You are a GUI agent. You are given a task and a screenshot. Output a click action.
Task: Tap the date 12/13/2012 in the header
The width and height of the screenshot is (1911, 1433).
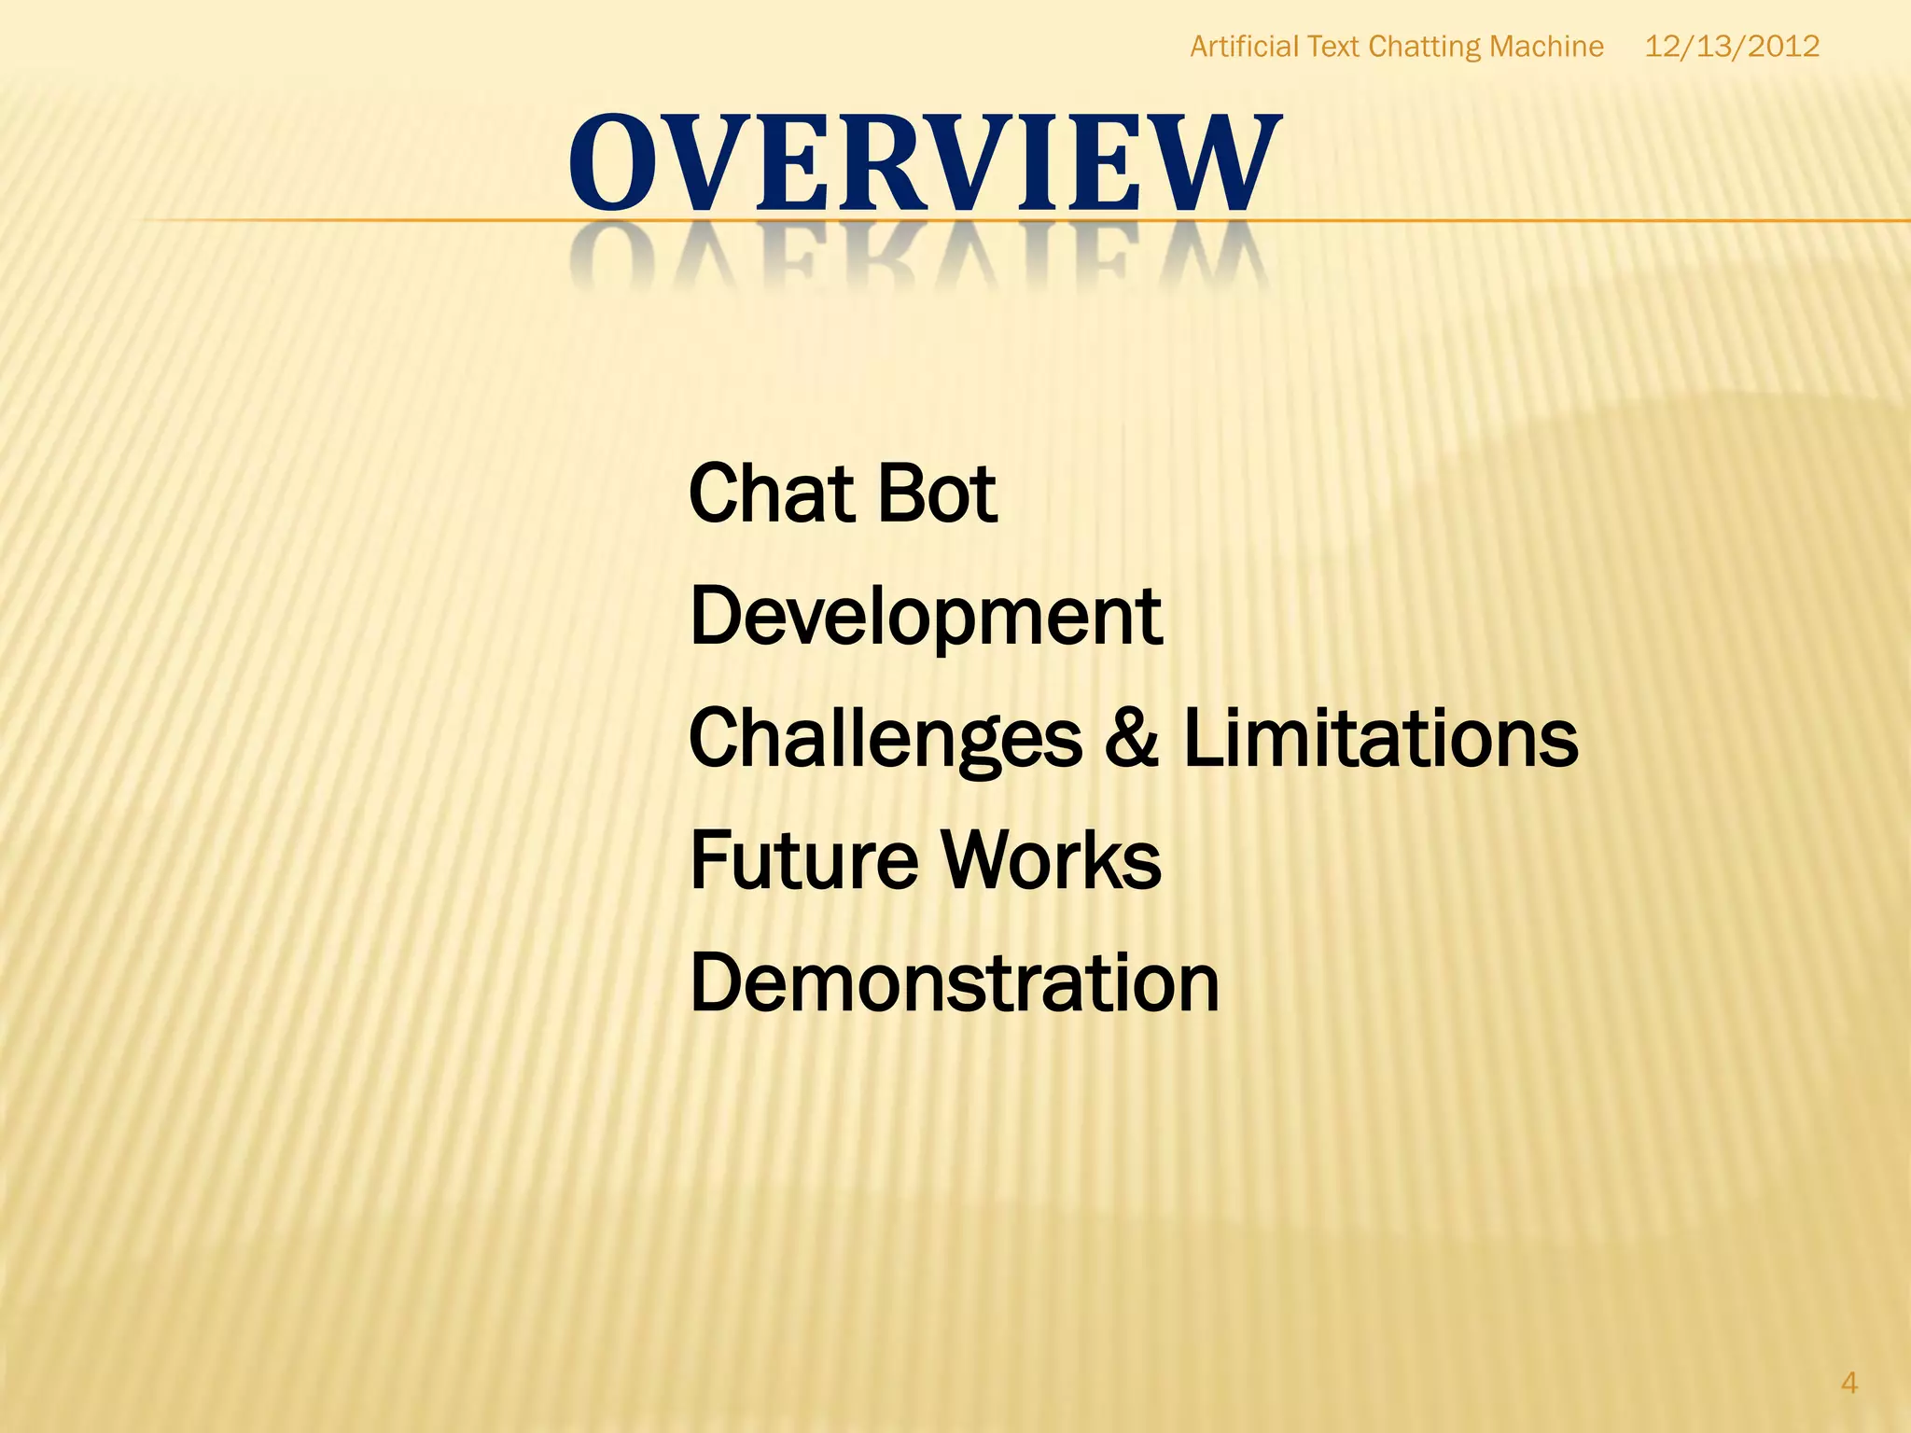pyautogui.click(x=1731, y=47)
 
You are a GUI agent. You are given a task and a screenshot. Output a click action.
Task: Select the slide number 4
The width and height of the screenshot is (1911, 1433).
pyautogui.click(x=1848, y=1383)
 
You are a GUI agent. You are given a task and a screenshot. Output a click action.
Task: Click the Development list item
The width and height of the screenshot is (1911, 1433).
pyautogui.click(x=925, y=617)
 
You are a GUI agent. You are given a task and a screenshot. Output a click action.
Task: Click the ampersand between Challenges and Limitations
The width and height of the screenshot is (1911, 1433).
pyautogui.click(x=1132, y=739)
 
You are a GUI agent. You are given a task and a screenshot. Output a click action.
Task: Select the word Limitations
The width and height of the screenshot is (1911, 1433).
pyautogui.click(x=1380, y=739)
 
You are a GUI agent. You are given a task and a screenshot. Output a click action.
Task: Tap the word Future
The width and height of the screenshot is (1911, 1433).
pyautogui.click(x=803, y=860)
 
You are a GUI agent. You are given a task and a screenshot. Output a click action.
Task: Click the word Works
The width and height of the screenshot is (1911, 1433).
pyautogui.click(x=1051, y=860)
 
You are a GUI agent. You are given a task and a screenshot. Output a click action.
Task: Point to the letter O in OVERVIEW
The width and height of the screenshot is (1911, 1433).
pyautogui.click(x=611, y=163)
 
